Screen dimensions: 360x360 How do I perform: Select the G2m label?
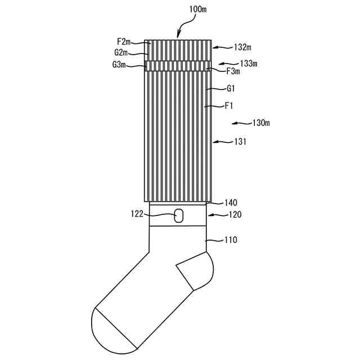121,53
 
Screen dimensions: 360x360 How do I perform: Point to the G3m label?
119,65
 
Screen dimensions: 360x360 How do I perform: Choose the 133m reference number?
247,64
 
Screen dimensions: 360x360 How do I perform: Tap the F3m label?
233,71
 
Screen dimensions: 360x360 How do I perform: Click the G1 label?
231,88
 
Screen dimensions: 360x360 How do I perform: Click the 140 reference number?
231,202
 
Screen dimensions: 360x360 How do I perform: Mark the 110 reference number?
231,240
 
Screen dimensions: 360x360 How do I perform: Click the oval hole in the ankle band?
179,215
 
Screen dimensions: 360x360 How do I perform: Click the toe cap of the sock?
111,330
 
